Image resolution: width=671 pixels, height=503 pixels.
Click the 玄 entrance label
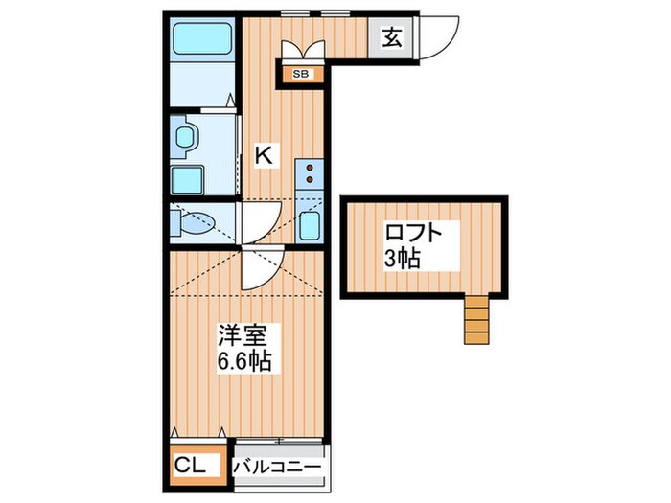coord(393,38)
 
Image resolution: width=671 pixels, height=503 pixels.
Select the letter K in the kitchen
coord(266,155)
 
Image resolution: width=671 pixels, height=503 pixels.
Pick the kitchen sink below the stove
coord(310,225)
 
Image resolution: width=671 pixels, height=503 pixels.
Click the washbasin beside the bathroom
coord(185,136)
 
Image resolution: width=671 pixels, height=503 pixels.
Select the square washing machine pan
coord(186,179)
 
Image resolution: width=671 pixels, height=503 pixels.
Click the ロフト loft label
coord(414,234)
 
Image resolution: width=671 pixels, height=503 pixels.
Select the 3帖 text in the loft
coord(402,258)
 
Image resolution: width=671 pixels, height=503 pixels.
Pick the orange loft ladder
coord(475,319)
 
